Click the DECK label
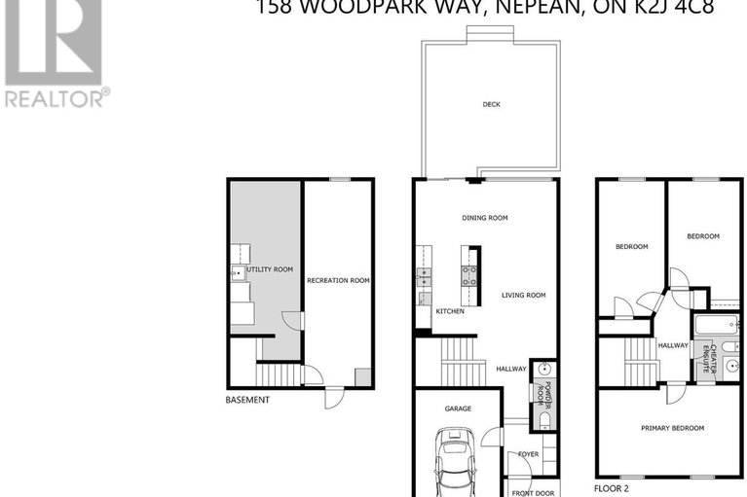click(492, 105)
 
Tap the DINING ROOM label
click(485, 218)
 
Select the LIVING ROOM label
click(524, 296)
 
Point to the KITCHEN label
click(450, 311)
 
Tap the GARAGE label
click(458, 408)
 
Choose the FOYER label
click(528, 454)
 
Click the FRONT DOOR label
click(533, 492)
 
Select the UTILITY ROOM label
click(269, 268)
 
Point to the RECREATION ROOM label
click(338, 280)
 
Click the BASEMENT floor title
click(247, 400)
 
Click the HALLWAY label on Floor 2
click(673, 345)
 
